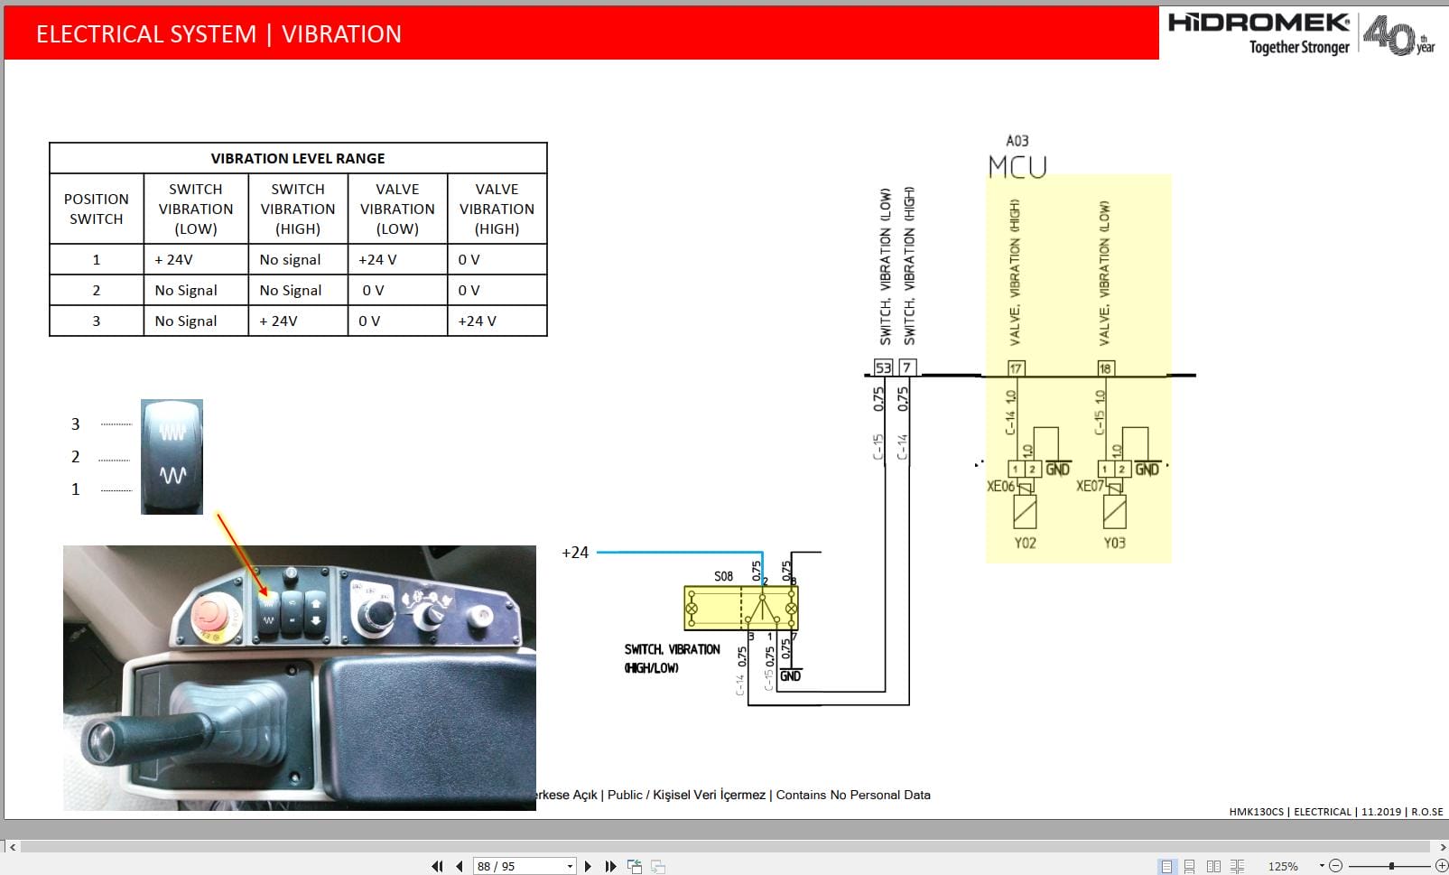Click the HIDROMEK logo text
pos(1259,23)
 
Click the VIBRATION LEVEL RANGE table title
pos(298,158)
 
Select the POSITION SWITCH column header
pos(97,209)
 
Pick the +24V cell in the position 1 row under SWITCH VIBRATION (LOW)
pos(174,260)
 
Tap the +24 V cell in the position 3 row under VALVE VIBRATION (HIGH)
pos(478,321)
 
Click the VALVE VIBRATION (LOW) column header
pos(397,209)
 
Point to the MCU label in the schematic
pos(1017,167)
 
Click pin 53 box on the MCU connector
pos(883,368)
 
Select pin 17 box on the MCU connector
pos(1016,368)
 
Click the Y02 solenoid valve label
pos(1025,543)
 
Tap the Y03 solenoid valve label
pos(1114,543)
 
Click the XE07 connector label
pos(1089,486)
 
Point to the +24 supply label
pos(575,553)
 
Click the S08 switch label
pos(723,576)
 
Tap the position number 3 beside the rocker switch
pos(76,424)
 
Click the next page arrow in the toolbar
pos(589,866)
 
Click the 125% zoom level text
pos(1282,866)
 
